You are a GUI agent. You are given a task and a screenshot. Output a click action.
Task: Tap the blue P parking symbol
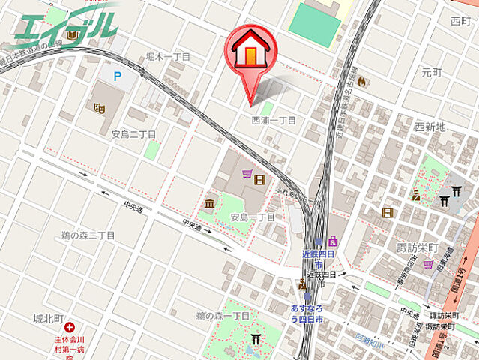click(x=117, y=76)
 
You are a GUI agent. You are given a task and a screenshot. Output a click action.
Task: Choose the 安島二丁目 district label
click(x=133, y=134)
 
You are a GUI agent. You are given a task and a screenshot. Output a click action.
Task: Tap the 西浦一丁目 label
click(x=273, y=120)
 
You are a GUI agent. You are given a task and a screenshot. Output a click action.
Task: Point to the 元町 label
click(x=433, y=73)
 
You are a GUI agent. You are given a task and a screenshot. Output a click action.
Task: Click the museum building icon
click(x=209, y=204)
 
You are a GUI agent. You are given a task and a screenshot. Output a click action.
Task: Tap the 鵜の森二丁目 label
click(x=88, y=235)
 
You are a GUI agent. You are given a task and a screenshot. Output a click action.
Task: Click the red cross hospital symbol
click(x=69, y=327)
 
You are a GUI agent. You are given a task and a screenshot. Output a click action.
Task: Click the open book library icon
click(x=72, y=35)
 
